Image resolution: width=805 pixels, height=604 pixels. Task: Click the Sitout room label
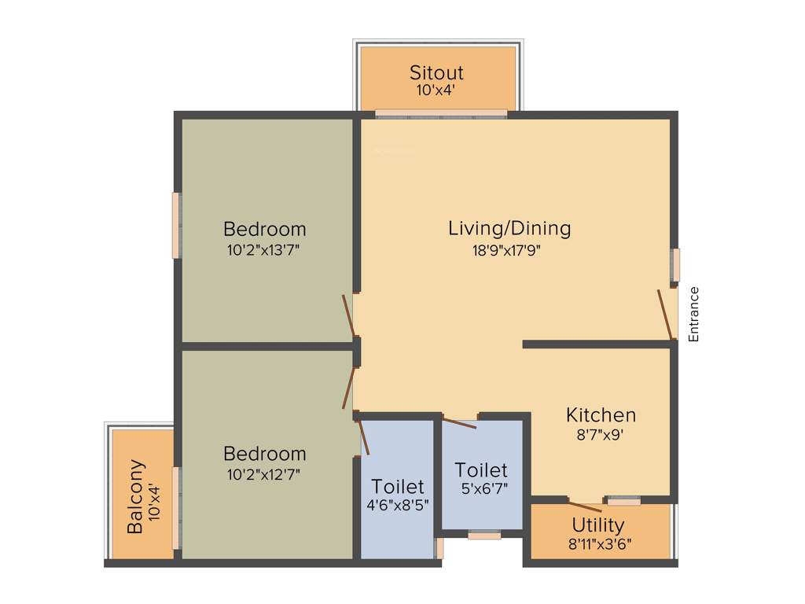tap(436, 72)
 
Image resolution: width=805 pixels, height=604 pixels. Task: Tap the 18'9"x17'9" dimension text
tap(509, 250)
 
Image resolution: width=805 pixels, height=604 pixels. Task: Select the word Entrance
tap(693, 314)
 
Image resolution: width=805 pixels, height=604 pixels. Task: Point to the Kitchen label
tap(601, 414)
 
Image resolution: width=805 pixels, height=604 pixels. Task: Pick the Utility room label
tap(598, 525)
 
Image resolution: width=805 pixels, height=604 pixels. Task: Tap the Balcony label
tap(136, 497)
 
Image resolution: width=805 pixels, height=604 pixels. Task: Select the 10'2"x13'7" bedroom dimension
tap(264, 250)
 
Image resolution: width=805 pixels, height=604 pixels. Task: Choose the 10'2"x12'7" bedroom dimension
tap(264, 473)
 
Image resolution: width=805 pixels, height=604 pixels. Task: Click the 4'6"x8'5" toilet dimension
tap(398, 505)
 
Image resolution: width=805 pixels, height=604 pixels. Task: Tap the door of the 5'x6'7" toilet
tap(459, 423)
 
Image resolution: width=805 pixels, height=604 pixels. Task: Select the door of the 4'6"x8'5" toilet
tap(363, 437)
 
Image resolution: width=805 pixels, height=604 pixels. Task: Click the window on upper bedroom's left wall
tap(176, 225)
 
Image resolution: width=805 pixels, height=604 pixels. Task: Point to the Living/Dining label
tap(509, 229)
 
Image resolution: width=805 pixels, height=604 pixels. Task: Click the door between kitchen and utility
tap(586, 506)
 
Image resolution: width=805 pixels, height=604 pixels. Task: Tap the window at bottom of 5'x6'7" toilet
tap(484, 536)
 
